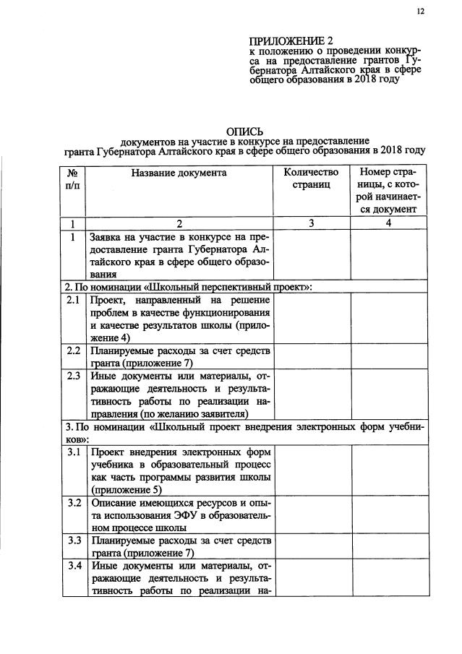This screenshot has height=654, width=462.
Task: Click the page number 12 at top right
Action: pyautogui.click(x=420, y=12)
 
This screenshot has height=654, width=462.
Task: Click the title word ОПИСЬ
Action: pyautogui.click(x=241, y=131)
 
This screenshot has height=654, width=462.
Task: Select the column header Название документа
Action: pyautogui.click(x=179, y=173)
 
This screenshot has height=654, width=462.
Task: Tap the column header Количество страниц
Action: pyautogui.click(x=311, y=178)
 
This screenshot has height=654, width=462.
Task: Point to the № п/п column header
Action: pyautogui.click(x=72, y=178)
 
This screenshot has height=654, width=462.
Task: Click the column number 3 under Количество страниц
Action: pyautogui.click(x=311, y=223)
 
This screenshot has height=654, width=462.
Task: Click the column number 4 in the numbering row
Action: pyautogui.click(x=388, y=223)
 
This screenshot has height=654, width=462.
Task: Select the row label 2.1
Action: pyautogui.click(x=72, y=300)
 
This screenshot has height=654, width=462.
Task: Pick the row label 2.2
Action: pyautogui.click(x=72, y=351)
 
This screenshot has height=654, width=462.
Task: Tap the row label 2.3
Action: pyautogui.click(x=72, y=377)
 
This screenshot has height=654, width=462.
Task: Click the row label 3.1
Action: pyautogui.click(x=72, y=453)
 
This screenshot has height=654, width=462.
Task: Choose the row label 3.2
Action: pyautogui.click(x=72, y=503)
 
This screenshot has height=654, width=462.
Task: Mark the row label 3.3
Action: pyautogui.click(x=72, y=540)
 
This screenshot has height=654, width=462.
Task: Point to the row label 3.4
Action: pyautogui.click(x=72, y=565)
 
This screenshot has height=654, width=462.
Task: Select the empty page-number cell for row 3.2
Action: pyautogui.click(x=388, y=515)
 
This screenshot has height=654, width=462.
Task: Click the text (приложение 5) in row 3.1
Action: pyautogui.click(x=125, y=490)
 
